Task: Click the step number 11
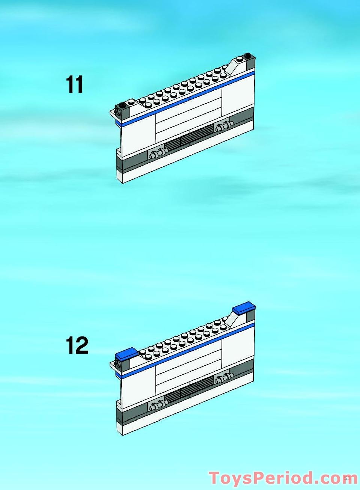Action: coord(74,84)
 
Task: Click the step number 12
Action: coord(77,345)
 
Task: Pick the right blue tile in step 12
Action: coord(244,308)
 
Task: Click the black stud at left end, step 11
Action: coord(122,105)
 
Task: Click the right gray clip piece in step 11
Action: coord(223,126)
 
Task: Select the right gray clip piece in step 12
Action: coord(223,378)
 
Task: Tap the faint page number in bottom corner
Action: coord(347,478)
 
